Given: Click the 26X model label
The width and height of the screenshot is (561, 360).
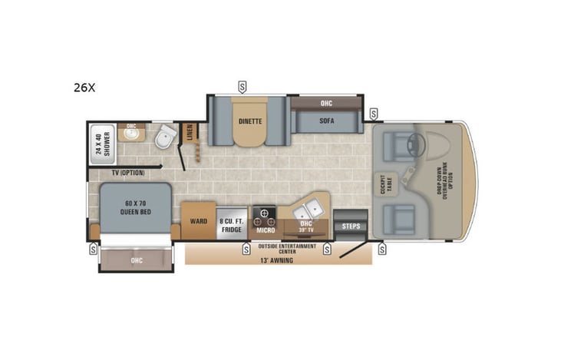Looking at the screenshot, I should (x=84, y=88).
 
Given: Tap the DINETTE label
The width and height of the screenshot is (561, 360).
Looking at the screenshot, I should (x=249, y=121).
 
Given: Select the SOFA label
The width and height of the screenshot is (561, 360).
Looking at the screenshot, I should (x=326, y=121).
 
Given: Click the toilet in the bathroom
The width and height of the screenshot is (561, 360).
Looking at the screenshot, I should (x=164, y=139).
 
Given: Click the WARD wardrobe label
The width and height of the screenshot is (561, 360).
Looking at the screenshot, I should (x=198, y=221).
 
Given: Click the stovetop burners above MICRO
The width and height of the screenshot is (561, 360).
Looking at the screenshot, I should (x=265, y=213).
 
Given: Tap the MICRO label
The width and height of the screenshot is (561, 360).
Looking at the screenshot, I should (x=266, y=230).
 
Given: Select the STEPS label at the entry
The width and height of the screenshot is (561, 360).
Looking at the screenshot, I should (x=351, y=226).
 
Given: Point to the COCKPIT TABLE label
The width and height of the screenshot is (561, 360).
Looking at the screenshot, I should (x=381, y=184).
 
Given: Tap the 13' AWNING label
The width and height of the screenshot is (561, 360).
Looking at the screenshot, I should (x=277, y=259).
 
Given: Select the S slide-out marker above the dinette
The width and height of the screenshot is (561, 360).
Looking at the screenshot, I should (x=243, y=85).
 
